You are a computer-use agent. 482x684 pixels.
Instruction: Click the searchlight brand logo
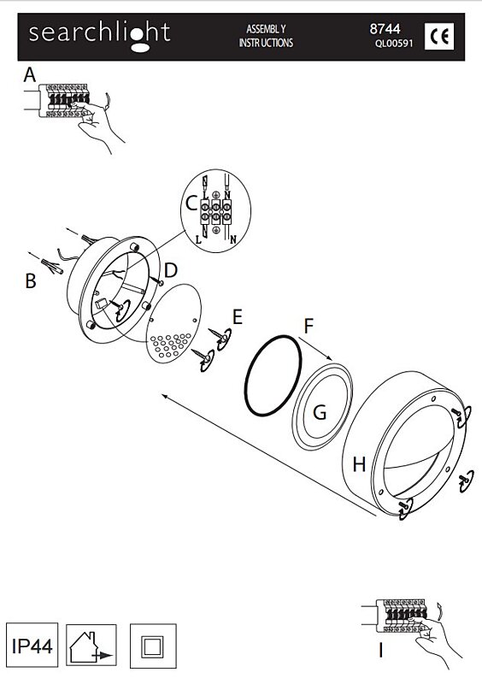(99, 36)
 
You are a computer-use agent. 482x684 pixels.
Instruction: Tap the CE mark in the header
(438, 36)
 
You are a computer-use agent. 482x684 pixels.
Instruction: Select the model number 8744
(385, 29)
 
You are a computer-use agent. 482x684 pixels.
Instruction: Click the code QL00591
(393, 44)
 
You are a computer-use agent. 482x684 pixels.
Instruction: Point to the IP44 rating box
(32, 645)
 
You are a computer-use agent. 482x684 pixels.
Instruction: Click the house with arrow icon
(91, 646)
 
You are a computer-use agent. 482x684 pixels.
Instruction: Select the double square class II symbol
(153, 646)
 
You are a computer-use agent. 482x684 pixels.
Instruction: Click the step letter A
(30, 75)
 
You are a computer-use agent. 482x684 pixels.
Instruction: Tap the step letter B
(30, 281)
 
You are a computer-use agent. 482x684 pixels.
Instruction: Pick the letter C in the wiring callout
(191, 203)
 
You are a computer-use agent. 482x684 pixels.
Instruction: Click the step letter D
(171, 270)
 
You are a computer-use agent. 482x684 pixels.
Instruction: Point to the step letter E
(238, 316)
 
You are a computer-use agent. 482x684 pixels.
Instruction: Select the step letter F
(309, 326)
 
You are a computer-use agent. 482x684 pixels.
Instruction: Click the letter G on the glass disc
(320, 412)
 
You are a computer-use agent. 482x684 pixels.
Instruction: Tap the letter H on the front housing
(359, 464)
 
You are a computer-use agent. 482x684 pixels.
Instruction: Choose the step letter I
(381, 651)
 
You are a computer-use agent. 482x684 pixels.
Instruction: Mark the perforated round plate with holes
(173, 323)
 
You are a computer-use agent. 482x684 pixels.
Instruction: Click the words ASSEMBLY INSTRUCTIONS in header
(266, 36)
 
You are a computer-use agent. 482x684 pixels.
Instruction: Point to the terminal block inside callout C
(215, 211)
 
